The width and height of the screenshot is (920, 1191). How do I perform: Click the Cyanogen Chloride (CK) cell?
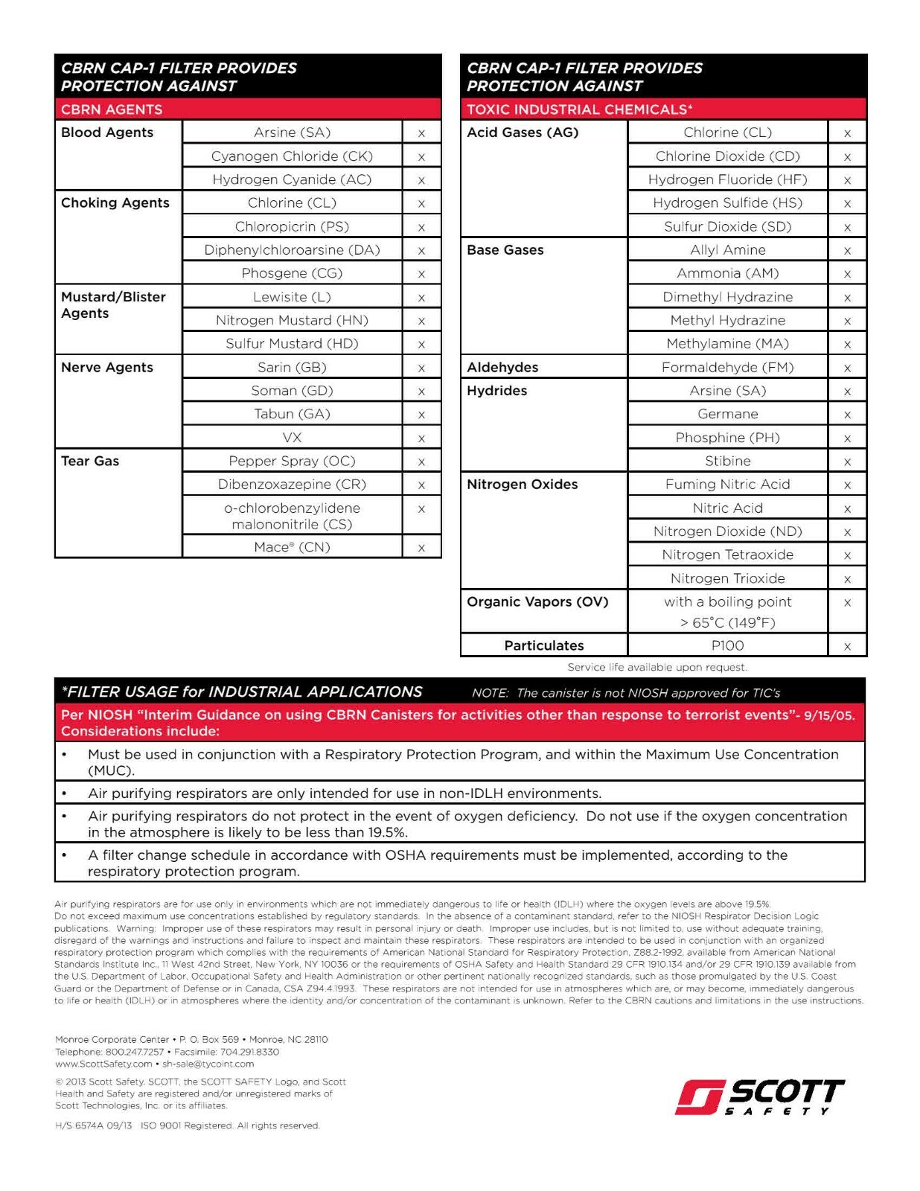coord(292,156)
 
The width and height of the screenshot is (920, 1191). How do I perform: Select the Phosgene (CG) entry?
coord(292,273)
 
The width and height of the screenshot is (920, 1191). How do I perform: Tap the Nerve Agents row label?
coord(107,368)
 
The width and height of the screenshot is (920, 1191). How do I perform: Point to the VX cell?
coord(292,438)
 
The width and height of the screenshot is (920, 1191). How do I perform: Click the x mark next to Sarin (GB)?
coord(421,368)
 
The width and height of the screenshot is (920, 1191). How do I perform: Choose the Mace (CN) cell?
coord(292,547)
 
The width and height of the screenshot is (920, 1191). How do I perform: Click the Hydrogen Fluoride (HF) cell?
coord(727,179)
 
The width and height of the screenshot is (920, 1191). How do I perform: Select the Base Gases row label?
coord(505,250)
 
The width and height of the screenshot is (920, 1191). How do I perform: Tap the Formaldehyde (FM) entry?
coord(727,368)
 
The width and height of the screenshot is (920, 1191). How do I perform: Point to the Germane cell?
coord(727,415)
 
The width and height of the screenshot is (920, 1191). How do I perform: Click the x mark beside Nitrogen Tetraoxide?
coord(847,555)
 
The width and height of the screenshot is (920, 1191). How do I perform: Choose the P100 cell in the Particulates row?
coord(727,646)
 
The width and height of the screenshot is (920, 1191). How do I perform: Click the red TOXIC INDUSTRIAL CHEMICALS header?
coord(580,109)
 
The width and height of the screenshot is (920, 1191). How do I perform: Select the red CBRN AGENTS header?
coord(112,109)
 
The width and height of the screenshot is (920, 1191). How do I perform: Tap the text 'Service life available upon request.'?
coord(657,668)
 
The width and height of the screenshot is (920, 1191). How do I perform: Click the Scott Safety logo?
coord(760,1097)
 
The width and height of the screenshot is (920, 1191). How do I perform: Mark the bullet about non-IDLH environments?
coord(345,794)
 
